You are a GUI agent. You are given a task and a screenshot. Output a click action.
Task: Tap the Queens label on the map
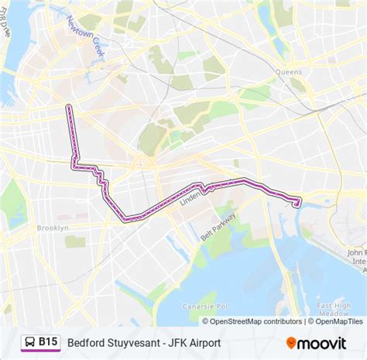287,70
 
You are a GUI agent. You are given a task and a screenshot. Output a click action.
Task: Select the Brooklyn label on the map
53,228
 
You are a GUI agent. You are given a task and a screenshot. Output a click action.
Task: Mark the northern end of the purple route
69,107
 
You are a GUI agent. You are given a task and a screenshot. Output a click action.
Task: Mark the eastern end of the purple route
299,204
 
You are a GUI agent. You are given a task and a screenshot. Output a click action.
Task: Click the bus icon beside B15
29,341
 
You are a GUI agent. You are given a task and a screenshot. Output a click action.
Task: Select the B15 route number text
49,341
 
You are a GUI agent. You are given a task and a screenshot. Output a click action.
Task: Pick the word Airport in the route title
204,341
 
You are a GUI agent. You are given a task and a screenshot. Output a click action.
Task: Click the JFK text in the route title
175,341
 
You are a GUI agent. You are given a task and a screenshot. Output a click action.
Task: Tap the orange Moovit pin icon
292,341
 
